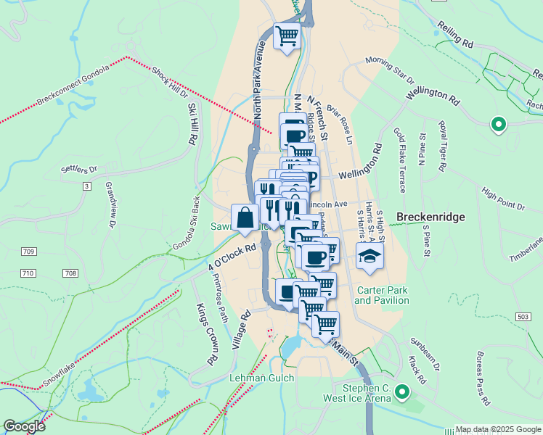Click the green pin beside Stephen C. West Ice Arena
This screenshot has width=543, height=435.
pos(401,394)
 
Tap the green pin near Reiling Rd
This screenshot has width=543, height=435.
pos(498,125)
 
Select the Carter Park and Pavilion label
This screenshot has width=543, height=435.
pos(382,295)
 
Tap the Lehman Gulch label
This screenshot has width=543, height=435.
pos(262,378)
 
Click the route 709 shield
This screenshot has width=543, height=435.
pos(28,252)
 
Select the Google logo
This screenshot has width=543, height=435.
pos(24,426)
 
